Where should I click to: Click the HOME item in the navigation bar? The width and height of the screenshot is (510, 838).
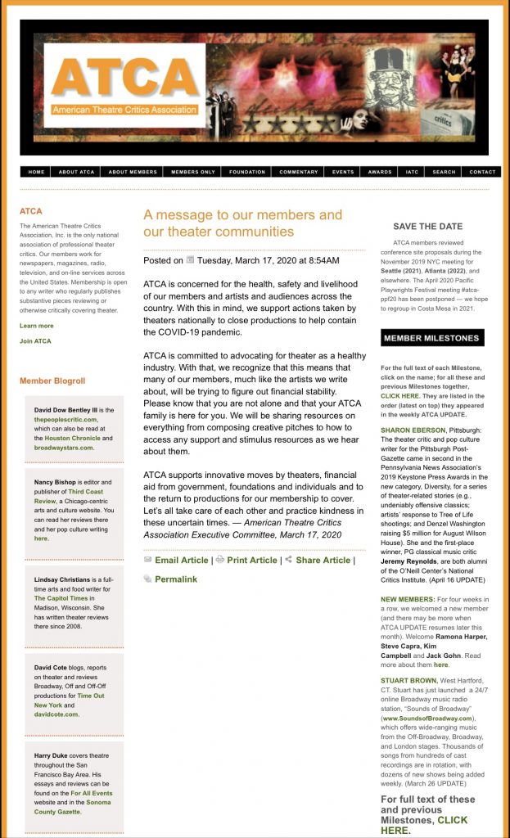click(x=36, y=172)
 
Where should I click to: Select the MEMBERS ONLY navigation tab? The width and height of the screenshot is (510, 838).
click(x=193, y=172)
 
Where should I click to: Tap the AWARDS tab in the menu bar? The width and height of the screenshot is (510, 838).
click(x=380, y=172)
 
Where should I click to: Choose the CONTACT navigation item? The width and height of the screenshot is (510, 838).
click(x=482, y=172)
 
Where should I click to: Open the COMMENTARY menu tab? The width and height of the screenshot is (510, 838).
click(x=298, y=172)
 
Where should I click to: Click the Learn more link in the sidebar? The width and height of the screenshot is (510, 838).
click(x=37, y=326)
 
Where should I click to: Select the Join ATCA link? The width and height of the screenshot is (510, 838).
click(x=35, y=341)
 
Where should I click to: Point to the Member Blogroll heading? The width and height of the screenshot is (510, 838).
click(x=52, y=381)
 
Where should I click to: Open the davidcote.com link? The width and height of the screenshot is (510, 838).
click(x=56, y=714)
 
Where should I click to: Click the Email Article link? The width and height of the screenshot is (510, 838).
click(x=181, y=560)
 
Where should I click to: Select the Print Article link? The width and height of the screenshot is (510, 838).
click(x=251, y=560)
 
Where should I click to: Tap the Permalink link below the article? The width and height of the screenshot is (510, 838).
click(x=176, y=579)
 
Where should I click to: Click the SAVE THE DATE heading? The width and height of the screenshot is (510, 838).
click(x=427, y=227)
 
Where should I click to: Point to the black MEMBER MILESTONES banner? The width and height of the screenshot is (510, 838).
click(x=432, y=338)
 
